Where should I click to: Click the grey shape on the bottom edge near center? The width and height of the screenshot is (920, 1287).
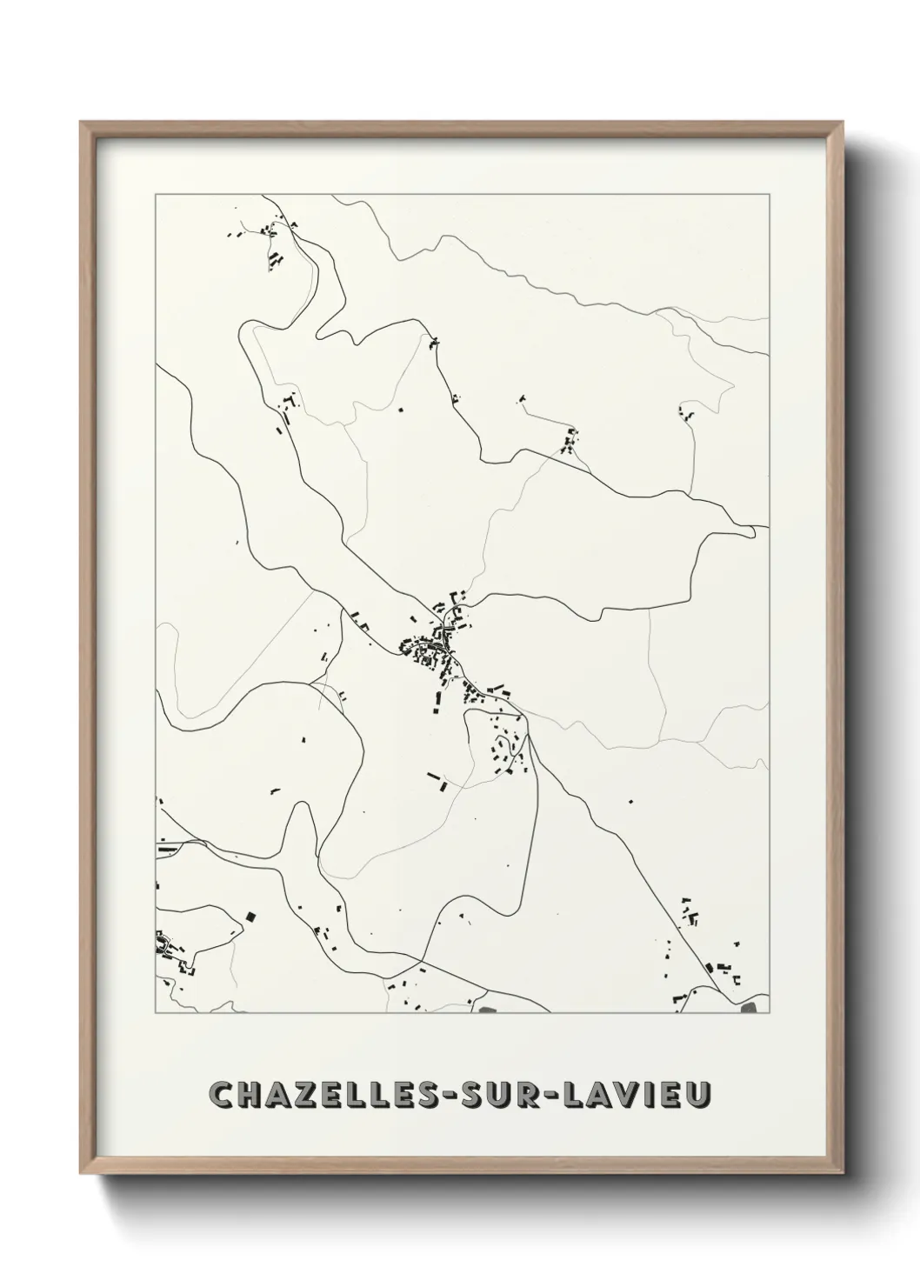[485, 1010]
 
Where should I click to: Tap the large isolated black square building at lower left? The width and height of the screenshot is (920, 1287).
[251, 917]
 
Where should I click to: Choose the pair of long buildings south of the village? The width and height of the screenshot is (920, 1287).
[437, 779]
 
